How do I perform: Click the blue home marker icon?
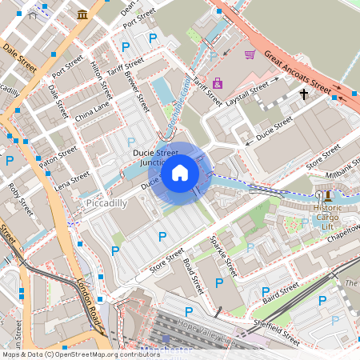click(x=180, y=173)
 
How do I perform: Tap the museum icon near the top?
click(x=83, y=15)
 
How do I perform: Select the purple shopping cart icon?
click(x=250, y=54)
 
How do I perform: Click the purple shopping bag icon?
click(x=218, y=82)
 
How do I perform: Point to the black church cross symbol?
click(x=303, y=94)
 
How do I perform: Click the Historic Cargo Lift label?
click(x=327, y=215)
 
